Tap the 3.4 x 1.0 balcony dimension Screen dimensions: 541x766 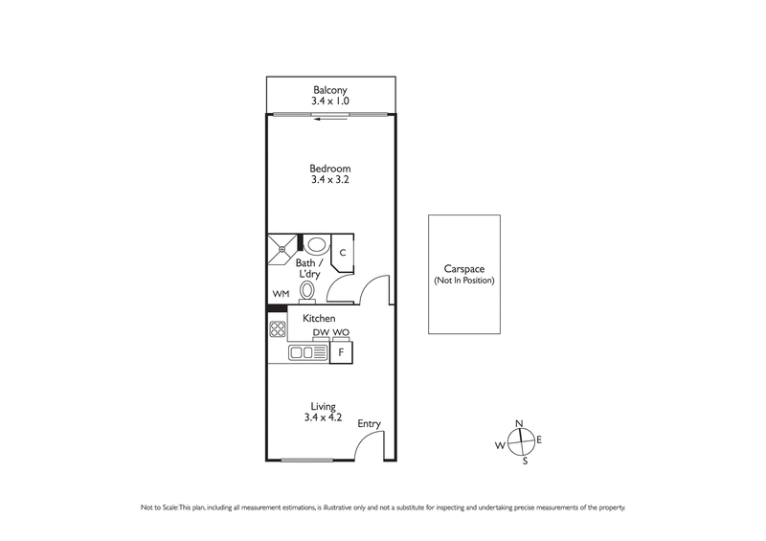tap(328, 99)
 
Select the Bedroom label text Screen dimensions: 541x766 tap(328, 168)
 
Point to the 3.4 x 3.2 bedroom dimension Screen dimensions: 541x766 tap(328, 180)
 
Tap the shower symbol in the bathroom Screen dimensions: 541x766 tap(282, 249)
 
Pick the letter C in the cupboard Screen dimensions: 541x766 tap(342, 253)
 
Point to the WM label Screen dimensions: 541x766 tap(280, 294)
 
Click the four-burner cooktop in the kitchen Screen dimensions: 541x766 tap(279, 330)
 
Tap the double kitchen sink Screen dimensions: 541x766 tap(308, 353)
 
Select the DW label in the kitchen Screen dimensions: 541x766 tap(321, 333)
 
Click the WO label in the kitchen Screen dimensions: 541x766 tap(341, 333)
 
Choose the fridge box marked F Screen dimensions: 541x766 tap(341, 353)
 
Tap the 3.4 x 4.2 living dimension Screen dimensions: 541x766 tap(322, 417)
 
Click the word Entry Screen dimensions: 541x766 tap(369, 423)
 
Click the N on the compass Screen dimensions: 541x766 tap(519, 423)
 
